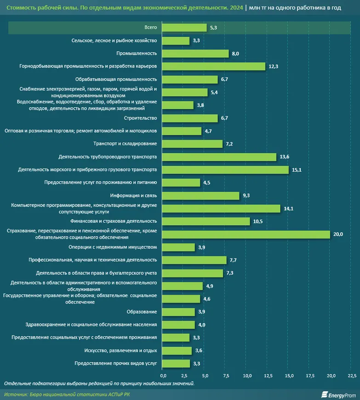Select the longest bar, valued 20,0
(246, 234)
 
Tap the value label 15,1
(297, 170)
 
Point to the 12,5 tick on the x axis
(268, 376)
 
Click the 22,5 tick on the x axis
(351, 376)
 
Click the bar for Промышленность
(195, 53)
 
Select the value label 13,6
(285, 157)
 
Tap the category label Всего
(150, 28)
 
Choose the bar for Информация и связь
(201, 196)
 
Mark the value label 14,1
(288, 208)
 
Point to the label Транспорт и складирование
(125, 144)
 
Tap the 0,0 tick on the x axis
(163, 376)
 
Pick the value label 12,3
(274, 67)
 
